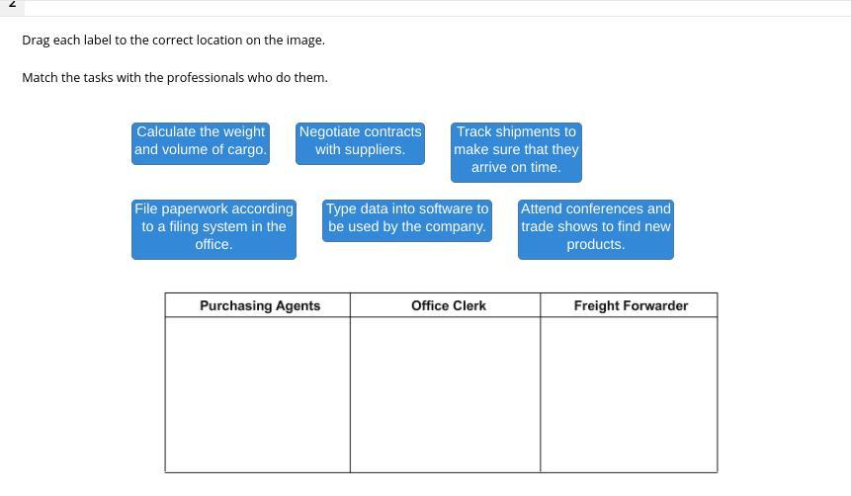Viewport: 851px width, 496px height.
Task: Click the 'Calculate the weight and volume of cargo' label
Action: [x=201, y=141]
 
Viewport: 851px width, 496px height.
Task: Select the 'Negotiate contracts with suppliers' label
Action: [x=360, y=141]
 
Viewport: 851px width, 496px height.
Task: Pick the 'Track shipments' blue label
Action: [x=516, y=150]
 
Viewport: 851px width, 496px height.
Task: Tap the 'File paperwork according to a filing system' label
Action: [x=213, y=227]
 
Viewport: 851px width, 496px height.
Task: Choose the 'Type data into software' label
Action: [x=407, y=218]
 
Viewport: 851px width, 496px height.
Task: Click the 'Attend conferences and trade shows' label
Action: [x=595, y=227]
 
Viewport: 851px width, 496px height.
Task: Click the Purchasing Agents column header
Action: [x=259, y=306]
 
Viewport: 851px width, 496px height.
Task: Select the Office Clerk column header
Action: [x=448, y=306]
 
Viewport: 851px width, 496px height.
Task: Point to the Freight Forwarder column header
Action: [x=631, y=306]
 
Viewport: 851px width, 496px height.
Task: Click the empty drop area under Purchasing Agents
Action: [x=257, y=394]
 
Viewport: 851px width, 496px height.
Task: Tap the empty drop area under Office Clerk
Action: [x=445, y=394]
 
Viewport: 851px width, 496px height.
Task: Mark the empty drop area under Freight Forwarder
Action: [x=629, y=394]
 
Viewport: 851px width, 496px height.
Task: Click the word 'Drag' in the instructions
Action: [x=37, y=41]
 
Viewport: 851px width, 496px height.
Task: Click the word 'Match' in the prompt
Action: [x=40, y=77]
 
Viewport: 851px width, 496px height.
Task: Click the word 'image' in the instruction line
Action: [x=303, y=41]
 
